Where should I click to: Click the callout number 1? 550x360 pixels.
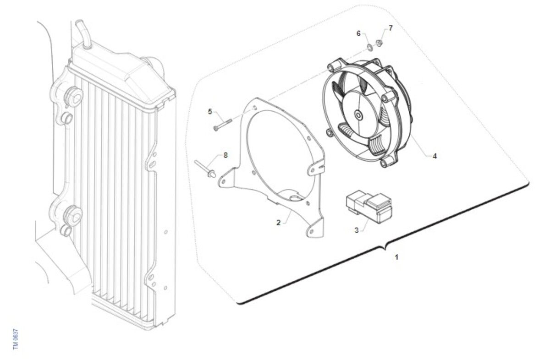pyautogui.click(x=396, y=257)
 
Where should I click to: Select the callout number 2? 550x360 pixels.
pyautogui.click(x=278, y=223)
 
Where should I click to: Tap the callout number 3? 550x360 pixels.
pyautogui.click(x=357, y=230)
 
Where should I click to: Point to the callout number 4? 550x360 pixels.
pyautogui.click(x=434, y=156)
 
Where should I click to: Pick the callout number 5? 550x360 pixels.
pyautogui.click(x=210, y=112)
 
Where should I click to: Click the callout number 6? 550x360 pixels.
pyautogui.click(x=358, y=33)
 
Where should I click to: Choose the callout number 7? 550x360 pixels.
pyautogui.click(x=390, y=28)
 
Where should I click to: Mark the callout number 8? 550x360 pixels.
pyautogui.click(x=225, y=155)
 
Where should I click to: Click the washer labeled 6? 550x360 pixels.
pyautogui.click(x=370, y=47)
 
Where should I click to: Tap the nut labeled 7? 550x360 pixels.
pyautogui.click(x=379, y=44)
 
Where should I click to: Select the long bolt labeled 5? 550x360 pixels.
pyautogui.click(x=223, y=125)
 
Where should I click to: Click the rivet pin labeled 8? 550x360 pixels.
pyautogui.click(x=205, y=169)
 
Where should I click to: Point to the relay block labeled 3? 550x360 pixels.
pyautogui.click(x=369, y=207)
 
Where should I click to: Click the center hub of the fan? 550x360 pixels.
pyautogui.click(x=357, y=115)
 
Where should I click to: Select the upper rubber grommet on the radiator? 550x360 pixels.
pyautogui.click(x=73, y=96)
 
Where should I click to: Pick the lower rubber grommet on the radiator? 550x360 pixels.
pyautogui.click(x=73, y=215)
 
